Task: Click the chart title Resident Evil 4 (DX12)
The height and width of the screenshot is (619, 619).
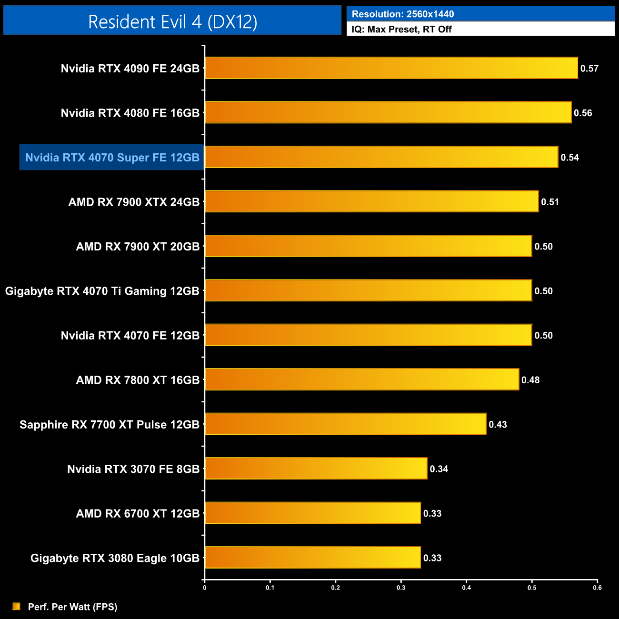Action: pos(172,21)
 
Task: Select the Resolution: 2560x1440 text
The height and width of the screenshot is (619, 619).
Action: pos(403,14)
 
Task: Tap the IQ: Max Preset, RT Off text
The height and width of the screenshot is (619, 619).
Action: pos(401,29)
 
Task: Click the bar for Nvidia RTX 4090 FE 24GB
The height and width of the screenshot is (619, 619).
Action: pos(391,68)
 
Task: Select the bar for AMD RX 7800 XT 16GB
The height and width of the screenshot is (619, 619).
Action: pos(362,379)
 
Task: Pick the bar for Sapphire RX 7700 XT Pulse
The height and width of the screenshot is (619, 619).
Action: pos(345,424)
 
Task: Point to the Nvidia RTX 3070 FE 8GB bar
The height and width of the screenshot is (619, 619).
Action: pos(316,469)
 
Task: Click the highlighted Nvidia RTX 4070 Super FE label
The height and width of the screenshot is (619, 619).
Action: pos(112,158)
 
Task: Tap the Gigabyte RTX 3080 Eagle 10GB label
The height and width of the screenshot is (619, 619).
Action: pos(115,558)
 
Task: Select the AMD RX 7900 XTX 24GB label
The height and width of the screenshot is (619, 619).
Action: pos(134,202)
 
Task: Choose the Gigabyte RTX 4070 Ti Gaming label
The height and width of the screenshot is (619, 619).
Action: pos(102,291)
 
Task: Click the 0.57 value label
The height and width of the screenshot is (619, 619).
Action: pos(589,69)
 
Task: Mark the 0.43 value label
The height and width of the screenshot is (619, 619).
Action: pos(498,424)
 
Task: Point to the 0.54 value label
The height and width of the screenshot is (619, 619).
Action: pos(569,158)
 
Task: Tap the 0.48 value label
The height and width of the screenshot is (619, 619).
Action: pos(530,380)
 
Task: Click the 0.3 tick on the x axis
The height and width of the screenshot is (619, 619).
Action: pos(401,588)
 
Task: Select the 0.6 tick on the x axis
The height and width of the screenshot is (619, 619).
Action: pos(597,588)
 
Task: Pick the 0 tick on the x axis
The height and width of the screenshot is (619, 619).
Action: pos(205,588)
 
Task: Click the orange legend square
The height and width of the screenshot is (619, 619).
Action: pos(17,606)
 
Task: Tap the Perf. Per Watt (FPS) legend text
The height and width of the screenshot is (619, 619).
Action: pos(72,607)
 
